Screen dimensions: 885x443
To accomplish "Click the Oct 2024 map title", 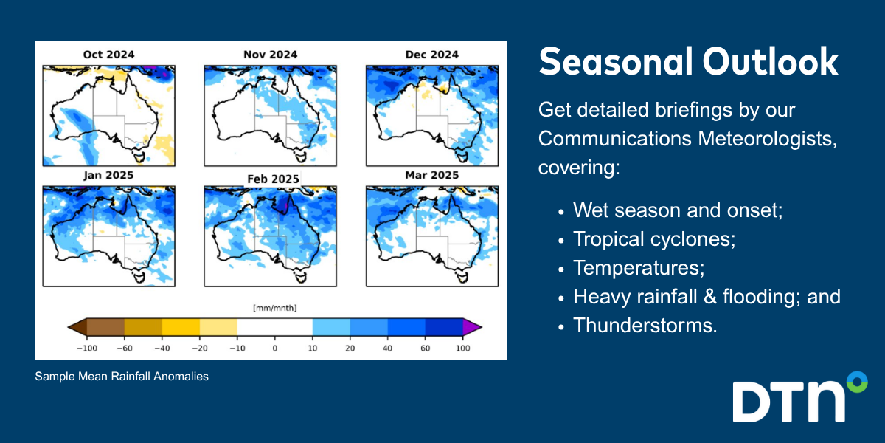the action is click(x=108, y=55).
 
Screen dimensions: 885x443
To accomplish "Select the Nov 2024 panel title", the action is click(x=270, y=55).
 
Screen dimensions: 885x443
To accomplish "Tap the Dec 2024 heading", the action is click(x=432, y=55).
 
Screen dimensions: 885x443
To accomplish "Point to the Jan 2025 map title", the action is click(x=108, y=175).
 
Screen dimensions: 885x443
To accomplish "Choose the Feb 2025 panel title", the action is click(x=273, y=179).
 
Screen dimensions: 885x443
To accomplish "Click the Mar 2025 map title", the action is click(x=432, y=175).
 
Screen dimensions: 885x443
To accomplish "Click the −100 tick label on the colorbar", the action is click(x=87, y=348).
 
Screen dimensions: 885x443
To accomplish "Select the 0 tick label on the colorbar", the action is click(x=275, y=348).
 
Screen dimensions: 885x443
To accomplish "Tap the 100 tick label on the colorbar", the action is click(x=462, y=348).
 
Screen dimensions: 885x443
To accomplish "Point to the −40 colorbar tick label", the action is click(x=162, y=348).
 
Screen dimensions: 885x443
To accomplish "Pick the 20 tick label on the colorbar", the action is click(x=350, y=348).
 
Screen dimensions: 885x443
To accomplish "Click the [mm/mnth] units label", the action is click(x=275, y=308).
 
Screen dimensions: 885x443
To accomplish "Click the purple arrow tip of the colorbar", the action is click(x=472, y=327).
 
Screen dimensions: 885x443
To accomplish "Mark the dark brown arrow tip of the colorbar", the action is click(x=78, y=327).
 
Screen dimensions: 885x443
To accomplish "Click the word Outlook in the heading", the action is click(x=770, y=62).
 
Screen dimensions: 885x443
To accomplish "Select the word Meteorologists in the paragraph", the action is click(x=767, y=139).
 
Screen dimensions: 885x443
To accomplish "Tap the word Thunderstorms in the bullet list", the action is click(x=645, y=326).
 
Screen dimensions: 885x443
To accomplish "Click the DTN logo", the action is click(x=800, y=397).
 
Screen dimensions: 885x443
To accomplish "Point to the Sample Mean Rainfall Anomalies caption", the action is click(x=122, y=376).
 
